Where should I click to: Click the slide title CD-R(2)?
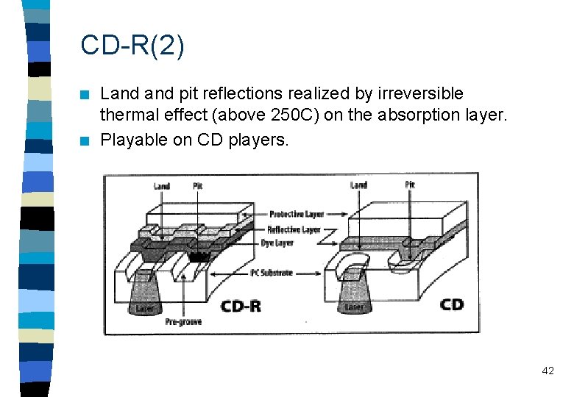click(x=132, y=46)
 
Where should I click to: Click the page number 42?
click(x=548, y=371)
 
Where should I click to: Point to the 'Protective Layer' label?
click(x=297, y=214)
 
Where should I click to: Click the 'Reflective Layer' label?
click(x=294, y=229)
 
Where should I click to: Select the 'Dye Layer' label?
click(x=277, y=243)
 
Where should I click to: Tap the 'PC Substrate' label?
click(x=272, y=273)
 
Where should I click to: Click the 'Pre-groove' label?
click(x=183, y=321)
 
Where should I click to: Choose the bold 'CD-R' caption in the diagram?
click(x=241, y=304)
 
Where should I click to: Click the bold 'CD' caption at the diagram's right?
click(x=451, y=303)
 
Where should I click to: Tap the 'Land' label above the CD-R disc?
click(x=162, y=186)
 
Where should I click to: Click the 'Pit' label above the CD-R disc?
click(x=197, y=186)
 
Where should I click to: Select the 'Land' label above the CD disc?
click(x=359, y=185)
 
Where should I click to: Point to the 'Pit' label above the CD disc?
click(x=409, y=184)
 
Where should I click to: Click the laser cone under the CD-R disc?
click(x=144, y=298)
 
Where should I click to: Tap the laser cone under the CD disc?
click(x=354, y=297)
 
